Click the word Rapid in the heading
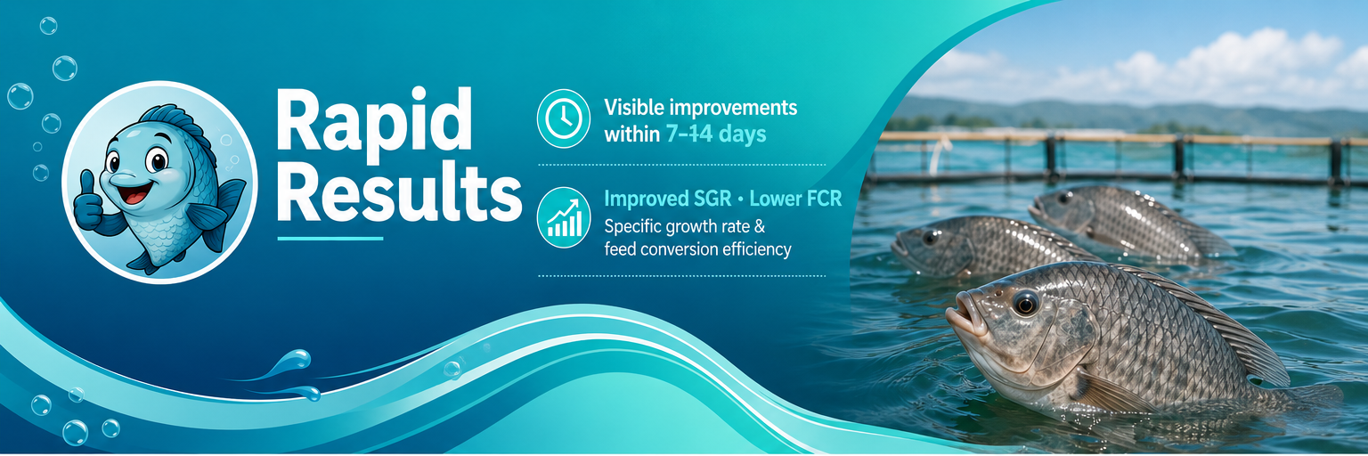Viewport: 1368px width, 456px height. tap(374, 121)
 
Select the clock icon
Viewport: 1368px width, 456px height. tap(563, 118)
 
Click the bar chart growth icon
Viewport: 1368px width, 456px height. tap(563, 217)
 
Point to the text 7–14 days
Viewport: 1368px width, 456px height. tap(716, 134)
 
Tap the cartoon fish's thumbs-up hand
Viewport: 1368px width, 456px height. tap(89, 202)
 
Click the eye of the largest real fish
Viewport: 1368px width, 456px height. tap(1025, 303)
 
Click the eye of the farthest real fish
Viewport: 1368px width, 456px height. tap(1064, 198)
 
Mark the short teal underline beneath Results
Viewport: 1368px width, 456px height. tap(330, 239)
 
